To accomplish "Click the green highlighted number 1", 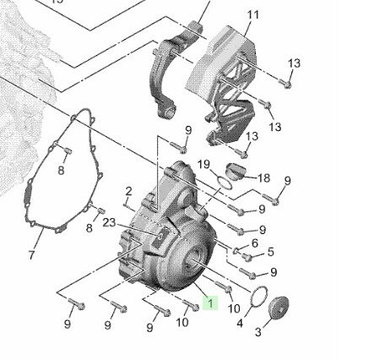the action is point(210,303).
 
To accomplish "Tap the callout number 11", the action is point(252,14).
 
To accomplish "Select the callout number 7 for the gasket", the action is point(31,254).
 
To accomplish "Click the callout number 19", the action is point(203,164).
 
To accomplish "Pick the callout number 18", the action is point(263,178).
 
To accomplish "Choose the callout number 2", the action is point(128,192).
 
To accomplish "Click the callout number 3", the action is point(258,332).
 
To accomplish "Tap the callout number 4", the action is point(240,324).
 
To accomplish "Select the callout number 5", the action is point(270,252).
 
